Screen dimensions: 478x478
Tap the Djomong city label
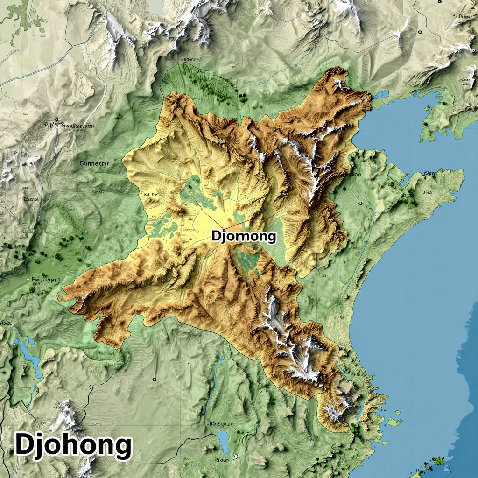coord(244,236)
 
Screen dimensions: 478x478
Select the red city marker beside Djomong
coord(223,230)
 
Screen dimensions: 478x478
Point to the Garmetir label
coord(93,163)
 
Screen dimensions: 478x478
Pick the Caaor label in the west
coord(32,198)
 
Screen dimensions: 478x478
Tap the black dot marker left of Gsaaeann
coord(56,119)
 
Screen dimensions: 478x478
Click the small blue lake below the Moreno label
coord(224,439)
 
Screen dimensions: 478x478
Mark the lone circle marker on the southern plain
coord(154,379)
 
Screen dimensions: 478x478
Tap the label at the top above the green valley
coord(190,60)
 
